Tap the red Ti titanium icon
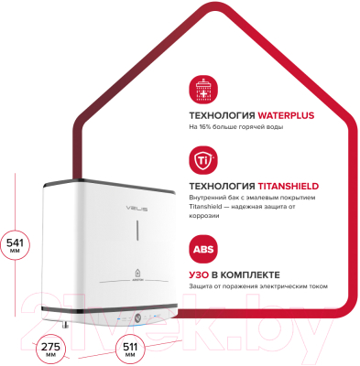tap(202, 164)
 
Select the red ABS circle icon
tap(202, 249)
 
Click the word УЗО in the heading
tap(201, 275)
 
